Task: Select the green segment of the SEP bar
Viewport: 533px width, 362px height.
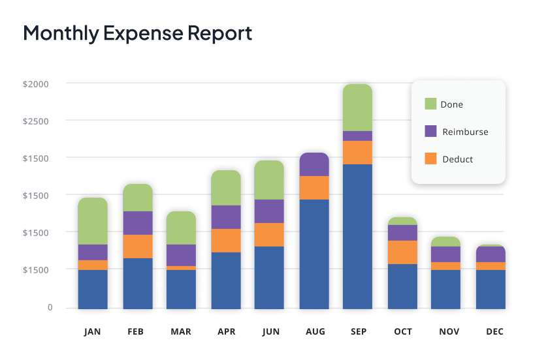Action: (357, 108)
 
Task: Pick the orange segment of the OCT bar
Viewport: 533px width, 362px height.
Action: (402, 252)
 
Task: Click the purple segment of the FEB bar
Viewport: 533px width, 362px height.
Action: (138, 222)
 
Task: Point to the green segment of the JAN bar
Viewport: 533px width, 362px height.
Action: (93, 220)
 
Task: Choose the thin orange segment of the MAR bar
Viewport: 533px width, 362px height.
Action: (181, 267)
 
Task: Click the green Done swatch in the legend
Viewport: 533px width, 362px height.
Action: (430, 104)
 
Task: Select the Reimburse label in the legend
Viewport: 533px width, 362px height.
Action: (465, 132)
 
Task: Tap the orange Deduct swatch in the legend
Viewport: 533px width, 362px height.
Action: (430, 158)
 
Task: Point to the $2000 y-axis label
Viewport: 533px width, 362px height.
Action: (35, 84)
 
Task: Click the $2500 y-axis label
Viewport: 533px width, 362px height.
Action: (35, 121)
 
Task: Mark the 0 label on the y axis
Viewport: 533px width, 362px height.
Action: (50, 307)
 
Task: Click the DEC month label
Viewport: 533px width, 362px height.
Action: (495, 332)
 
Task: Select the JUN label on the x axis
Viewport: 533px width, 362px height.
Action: (271, 332)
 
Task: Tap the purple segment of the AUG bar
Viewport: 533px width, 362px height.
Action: (314, 164)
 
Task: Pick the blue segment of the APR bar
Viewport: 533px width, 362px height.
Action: (226, 280)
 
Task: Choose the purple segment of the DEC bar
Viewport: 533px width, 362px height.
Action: (491, 254)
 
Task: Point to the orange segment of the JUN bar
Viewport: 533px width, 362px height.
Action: (269, 234)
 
